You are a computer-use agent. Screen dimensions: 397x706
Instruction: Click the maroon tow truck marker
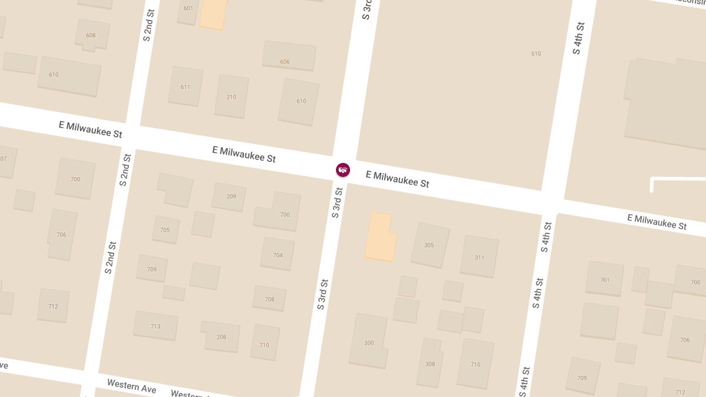[x=343, y=170]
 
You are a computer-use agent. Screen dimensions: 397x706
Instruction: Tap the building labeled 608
[x=91, y=35]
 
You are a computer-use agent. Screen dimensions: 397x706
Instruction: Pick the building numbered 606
[x=288, y=56]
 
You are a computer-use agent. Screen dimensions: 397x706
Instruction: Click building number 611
[x=185, y=86]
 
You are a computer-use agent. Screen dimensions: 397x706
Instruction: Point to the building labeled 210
[x=231, y=96]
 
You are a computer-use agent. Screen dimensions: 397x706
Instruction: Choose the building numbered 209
[x=229, y=196]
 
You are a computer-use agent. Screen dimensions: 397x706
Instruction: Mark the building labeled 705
[x=165, y=229]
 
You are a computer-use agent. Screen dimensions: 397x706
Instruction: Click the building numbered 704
[x=278, y=254]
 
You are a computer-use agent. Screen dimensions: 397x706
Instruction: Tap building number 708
[x=269, y=298]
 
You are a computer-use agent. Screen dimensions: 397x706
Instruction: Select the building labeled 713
[x=155, y=326]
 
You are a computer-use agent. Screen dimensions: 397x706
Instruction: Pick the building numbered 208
[x=221, y=336]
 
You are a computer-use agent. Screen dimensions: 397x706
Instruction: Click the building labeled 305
[x=429, y=245]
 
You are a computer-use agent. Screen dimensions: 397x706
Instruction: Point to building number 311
[x=479, y=256]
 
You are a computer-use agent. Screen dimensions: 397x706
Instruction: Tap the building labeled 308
[x=430, y=363]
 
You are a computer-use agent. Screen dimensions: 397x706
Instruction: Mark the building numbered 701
[x=604, y=279]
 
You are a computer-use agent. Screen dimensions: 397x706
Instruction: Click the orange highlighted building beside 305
[x=379, y=237]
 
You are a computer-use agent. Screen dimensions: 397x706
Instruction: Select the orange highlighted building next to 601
[x=213, y=13]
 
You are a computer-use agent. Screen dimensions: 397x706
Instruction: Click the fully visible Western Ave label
[x=132, y=386]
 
